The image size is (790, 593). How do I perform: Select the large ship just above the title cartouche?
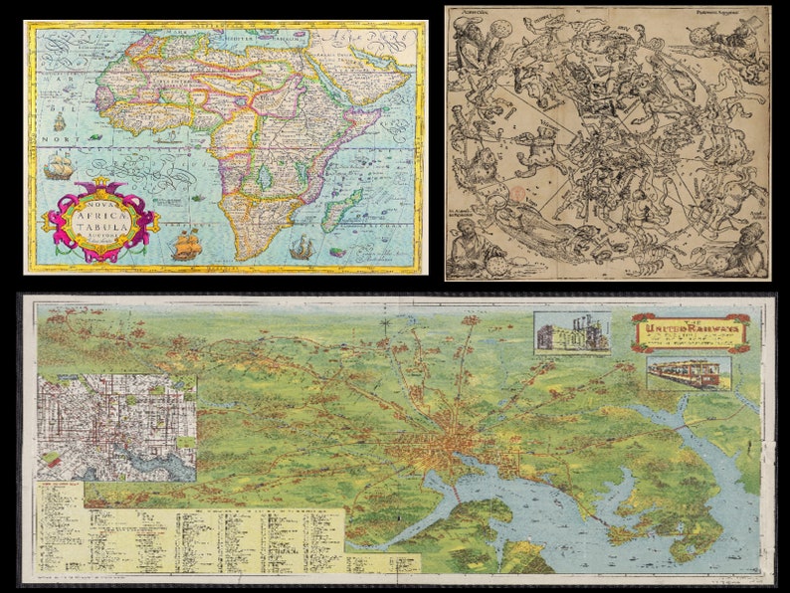(57, 165)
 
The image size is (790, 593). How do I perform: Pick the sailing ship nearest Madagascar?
(303, 245)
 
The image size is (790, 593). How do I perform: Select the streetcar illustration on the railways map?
(689, 373)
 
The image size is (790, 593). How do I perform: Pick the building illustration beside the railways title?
(572, 333)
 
